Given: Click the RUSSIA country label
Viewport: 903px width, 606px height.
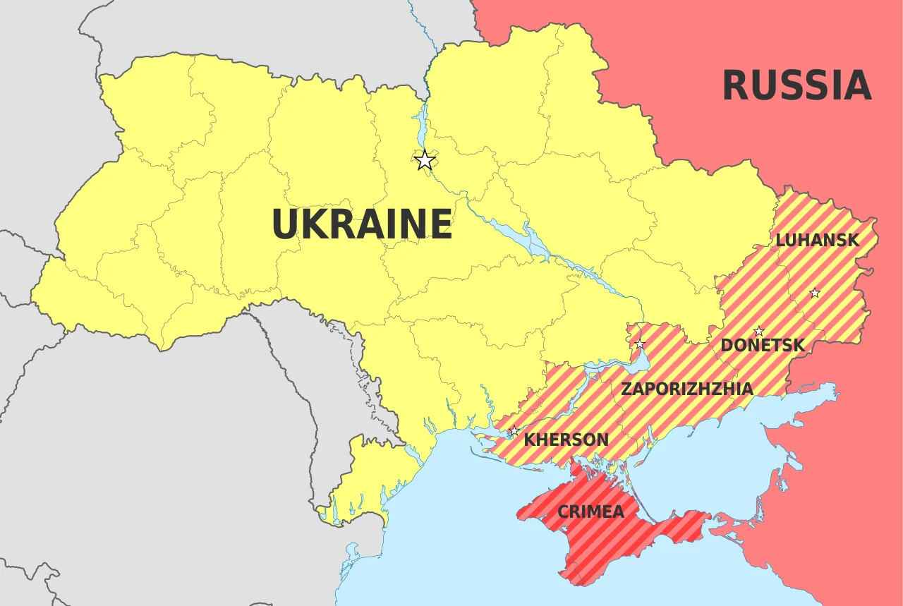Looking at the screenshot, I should [x=796, y=86].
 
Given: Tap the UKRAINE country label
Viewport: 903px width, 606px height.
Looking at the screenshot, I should [x=361, y=224].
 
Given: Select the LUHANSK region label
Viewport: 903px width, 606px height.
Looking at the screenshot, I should [x=817, y=240].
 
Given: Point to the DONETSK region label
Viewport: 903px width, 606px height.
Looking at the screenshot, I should [x=762, y=346].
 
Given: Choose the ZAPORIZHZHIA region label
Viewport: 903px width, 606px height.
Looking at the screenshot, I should [x=686, y=389].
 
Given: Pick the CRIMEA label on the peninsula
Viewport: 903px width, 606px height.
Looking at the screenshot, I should [x=590, y=511].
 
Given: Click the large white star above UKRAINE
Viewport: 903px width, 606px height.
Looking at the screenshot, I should [x=424, y=161].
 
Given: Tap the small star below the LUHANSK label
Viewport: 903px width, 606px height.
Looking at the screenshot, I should [x=815, y=293].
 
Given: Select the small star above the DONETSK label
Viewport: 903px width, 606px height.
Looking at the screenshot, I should [x=759, y=332].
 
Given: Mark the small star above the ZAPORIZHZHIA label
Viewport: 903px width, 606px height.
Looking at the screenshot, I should [x=640, y=344].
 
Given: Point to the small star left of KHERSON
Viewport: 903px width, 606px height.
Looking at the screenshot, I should [x=514, y=431].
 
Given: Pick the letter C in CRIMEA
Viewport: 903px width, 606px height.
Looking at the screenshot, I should [x=564, y=511].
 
